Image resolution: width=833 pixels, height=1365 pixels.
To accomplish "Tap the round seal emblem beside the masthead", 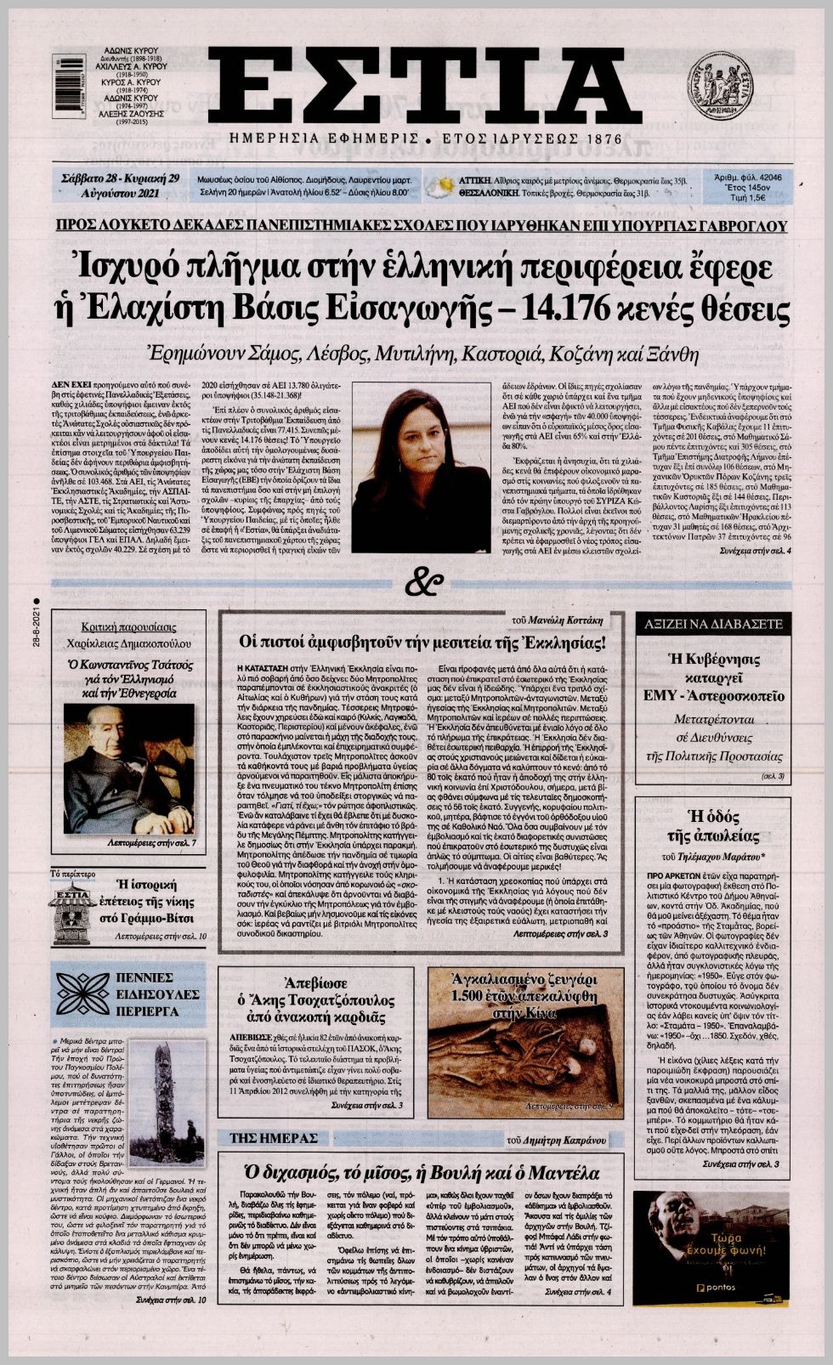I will pos(719,86).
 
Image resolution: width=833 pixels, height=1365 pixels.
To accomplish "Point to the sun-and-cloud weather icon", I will pos(442,186).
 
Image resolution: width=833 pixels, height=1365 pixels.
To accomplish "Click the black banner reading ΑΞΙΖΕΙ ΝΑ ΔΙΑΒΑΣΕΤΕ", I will pos(713,623).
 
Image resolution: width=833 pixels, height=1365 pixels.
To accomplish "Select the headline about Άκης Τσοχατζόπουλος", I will pos(315,998).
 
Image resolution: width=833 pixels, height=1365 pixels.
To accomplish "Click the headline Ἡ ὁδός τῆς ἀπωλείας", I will pos(712,824).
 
